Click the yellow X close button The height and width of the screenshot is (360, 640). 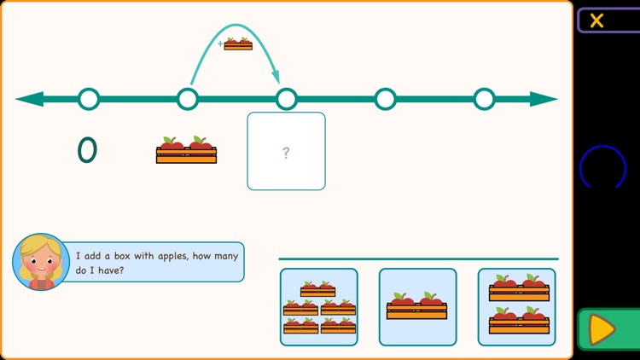[596, 20]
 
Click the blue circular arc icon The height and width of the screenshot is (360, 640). [602, 167]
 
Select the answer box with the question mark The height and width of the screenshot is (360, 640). [286, 151]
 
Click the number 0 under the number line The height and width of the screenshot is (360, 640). [87, 150]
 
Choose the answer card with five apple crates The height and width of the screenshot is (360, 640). [319, 307]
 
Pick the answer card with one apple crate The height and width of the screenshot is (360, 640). [417, 307]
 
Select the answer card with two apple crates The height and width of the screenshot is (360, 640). [516, 307]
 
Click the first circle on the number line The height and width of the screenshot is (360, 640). [89, 99]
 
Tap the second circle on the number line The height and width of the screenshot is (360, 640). [188, 99]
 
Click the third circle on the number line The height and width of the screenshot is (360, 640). [287, 99]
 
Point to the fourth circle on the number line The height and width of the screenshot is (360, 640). [385, 99]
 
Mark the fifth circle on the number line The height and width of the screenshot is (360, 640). [484, 99]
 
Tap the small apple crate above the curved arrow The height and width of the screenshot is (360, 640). [238, 44]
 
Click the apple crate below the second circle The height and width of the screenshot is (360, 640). [186, 151]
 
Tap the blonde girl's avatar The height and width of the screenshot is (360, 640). [40, 261]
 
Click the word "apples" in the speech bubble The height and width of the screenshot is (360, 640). [168, 255]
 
